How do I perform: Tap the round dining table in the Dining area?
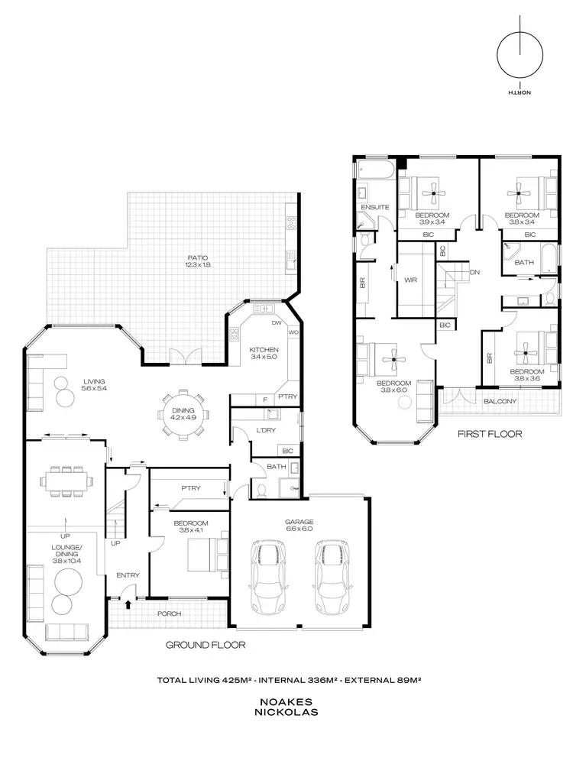tap(183, 417)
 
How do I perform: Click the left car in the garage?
tap(267, 577)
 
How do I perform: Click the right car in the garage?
tap(332, 577)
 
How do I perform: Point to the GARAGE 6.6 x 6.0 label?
tap(299, 526)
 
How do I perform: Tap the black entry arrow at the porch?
tap(128, 604)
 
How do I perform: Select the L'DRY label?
tap(266, 432)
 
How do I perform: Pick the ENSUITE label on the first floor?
tap(375, 207)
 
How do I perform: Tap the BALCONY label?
tap(500, 401)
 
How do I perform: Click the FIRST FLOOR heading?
tap(490, 434)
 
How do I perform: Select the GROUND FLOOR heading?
tap(206, 645)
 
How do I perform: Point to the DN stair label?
tap(474, 273)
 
